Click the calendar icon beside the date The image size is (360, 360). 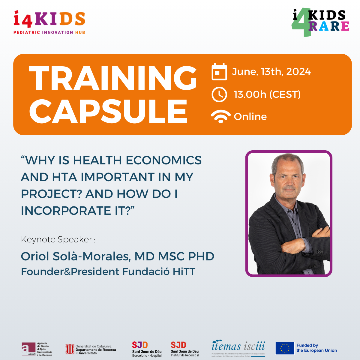click(219, 72)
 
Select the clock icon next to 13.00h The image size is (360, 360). click(219, 94)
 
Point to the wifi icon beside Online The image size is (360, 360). click(220, 116)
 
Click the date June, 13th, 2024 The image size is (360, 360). click(271, 72)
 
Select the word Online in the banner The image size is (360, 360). click(250, 116)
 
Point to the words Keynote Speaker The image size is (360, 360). click(57, 239)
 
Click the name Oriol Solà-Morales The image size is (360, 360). click(76, 256)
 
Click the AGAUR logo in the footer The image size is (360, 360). click(37, 349)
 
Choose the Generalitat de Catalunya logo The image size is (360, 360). click(91, 349)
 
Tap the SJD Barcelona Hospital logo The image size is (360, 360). click(147, 349)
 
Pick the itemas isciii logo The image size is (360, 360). click(238, 348)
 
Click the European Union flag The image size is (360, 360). click(285, 348)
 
